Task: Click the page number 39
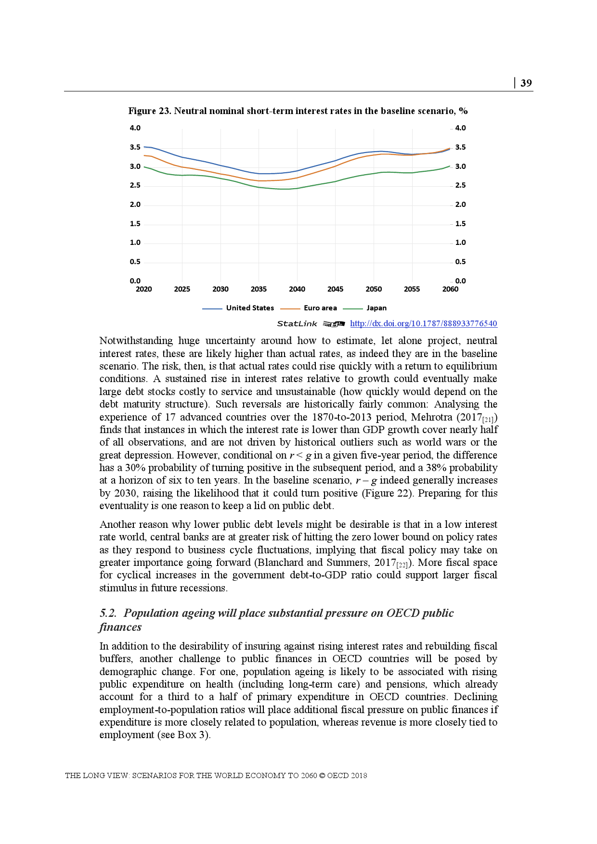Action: point(526,83)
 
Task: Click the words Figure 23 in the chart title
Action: point(149,111)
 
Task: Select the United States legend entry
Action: point(249,308)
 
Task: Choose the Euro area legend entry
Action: point(320,308)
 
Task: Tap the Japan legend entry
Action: point(376,308)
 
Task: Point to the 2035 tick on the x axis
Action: point(259,289)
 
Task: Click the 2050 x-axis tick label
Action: point(374,289)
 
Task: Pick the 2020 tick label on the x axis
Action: point(143,289)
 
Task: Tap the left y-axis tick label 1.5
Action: point(135,224)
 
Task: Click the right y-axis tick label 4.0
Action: point(460,128)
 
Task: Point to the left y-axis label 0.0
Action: point(135,281)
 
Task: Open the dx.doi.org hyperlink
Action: point(423,324)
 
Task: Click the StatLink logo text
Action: point(297,324)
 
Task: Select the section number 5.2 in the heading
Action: point(108,613)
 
